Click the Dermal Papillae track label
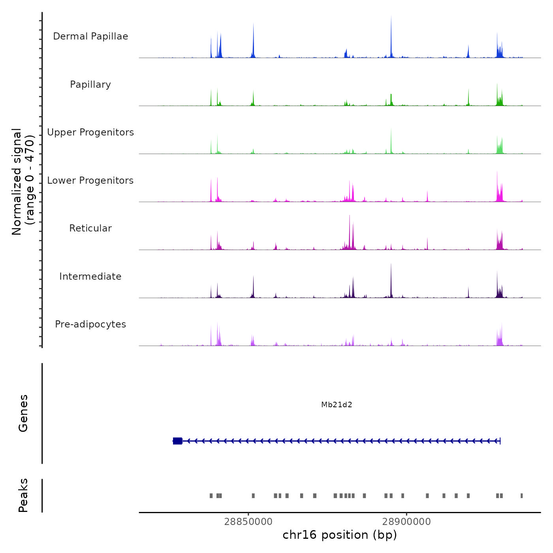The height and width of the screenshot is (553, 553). [90, 36]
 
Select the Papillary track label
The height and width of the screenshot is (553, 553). [90, 85]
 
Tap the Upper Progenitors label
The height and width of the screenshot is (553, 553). [90, 132]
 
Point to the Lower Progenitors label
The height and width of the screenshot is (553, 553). [90, 181]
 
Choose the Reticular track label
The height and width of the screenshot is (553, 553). [90, 228]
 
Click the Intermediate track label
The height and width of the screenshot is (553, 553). [90, 276]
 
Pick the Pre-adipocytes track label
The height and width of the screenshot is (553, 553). [90, 324]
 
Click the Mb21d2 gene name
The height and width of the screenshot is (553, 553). [337, 404]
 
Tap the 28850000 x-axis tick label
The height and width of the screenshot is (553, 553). [248, 521]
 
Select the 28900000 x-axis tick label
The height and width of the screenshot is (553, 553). [406, 521]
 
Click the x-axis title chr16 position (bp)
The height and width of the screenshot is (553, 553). [340, 535]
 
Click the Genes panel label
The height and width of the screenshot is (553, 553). [23, 413]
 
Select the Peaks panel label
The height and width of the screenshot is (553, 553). [23, 495]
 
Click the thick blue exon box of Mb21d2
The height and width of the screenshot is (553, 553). [177, 441]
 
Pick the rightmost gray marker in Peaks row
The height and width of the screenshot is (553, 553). [521, 496]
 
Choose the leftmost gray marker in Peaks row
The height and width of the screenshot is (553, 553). [211, 496]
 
